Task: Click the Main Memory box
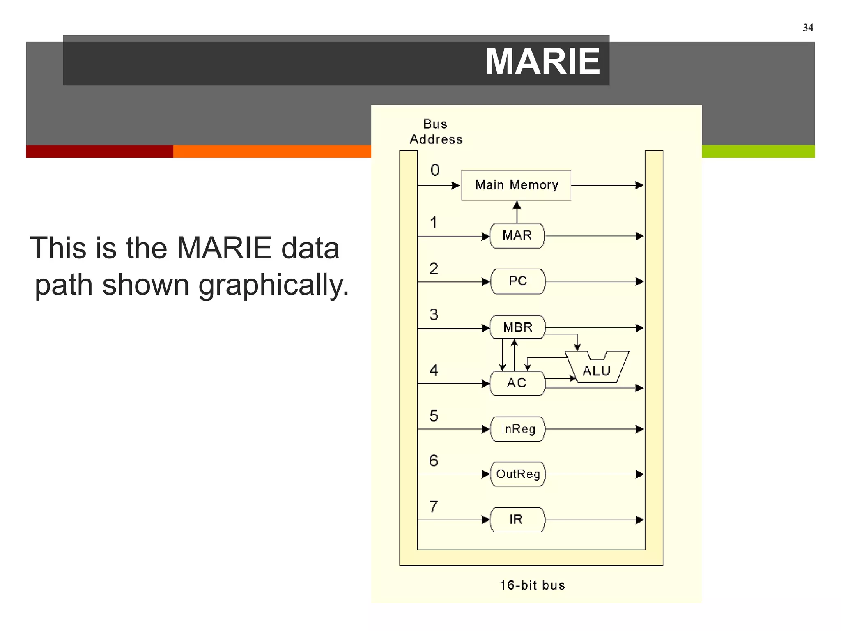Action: tap(516, 185)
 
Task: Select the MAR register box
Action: tap(517, 236)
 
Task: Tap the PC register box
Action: tap(517, 281)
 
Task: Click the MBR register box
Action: tap(517, 327)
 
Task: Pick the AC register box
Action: tap(517, 383)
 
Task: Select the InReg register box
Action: tap(518, 429)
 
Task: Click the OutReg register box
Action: tap(518, 474)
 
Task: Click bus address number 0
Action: tap(435, 170)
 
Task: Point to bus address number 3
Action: tap(434, 315)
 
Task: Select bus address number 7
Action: tap(434, 507)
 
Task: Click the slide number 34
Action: tap(808, 28)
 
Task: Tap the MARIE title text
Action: tap(542, 62)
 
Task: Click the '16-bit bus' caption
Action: tap(532, 585)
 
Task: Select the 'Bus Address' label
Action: tap(436, 132)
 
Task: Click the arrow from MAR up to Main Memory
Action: tap(517, 211)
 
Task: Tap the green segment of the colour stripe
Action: tap(758, 151)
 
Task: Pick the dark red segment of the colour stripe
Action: tap(99, 151)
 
